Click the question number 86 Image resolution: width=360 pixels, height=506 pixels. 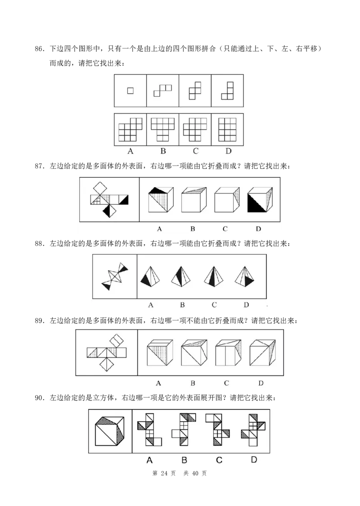(39, 49)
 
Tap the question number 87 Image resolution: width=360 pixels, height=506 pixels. (39, 167)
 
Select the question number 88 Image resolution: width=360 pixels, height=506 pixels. (39, 244)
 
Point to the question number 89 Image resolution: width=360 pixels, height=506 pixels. (39, 321)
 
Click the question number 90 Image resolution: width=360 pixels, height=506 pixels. (39, 398)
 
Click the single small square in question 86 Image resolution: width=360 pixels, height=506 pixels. (130, 90)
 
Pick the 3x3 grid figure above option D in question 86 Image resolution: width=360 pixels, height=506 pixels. (227, 129)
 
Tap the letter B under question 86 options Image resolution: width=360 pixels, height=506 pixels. (163, 151)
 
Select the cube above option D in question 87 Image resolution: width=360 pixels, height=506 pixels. (260, 199)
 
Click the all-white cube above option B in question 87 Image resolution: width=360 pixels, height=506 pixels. (194, 199)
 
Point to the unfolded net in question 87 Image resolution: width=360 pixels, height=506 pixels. (109, 199)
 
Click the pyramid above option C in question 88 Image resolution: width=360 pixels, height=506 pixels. (214, 276)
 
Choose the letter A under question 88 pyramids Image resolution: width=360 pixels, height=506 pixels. (151, 305)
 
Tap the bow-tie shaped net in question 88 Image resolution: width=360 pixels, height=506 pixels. (114, 276)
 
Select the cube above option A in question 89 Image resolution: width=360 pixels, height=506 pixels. (160, 352)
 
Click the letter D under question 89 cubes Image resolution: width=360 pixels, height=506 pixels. (261, 383)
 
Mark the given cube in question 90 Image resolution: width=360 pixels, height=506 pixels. (110, 431)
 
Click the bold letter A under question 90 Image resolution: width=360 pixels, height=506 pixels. (149, 460)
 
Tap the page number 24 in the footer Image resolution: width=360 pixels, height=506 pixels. (164, 474)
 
